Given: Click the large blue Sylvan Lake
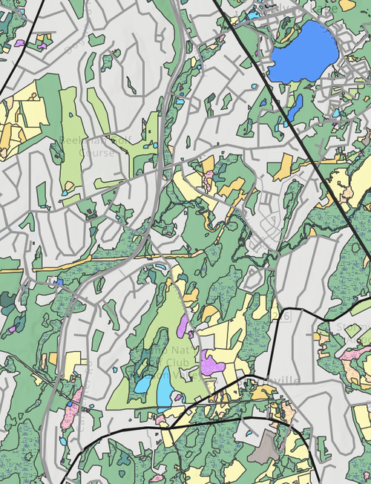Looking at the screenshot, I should point(304,52).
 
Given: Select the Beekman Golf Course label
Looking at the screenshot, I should point(88,146).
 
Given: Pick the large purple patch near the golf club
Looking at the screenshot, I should point(211,364).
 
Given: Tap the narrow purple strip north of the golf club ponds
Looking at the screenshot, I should point(183,327).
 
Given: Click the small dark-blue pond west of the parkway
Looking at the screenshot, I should point(58,282).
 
